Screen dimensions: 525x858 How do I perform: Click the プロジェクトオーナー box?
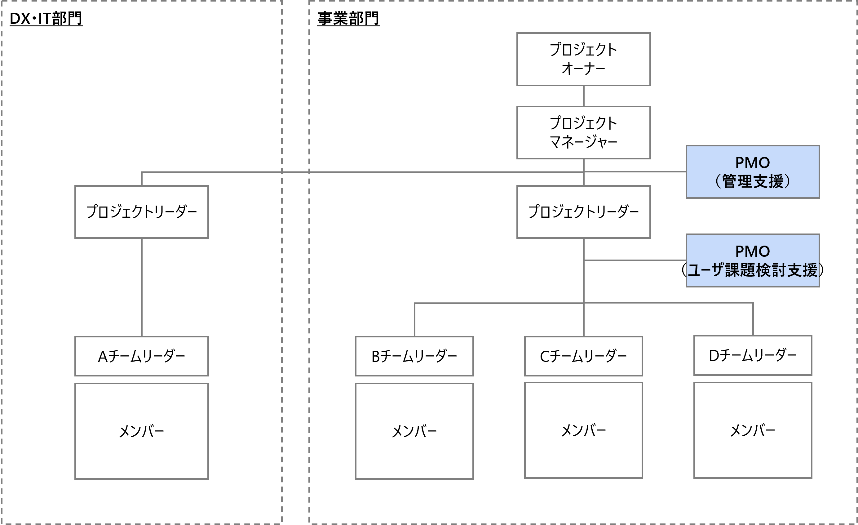(583, 59)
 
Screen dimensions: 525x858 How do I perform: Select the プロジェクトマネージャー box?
(583, 132)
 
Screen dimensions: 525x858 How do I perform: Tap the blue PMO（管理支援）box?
(753, 172)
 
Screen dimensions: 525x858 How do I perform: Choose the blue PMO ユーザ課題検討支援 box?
(753, 260)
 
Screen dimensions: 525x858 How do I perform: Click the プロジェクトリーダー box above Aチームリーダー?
(141, 212)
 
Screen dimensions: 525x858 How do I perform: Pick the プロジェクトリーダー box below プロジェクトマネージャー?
(583, 212)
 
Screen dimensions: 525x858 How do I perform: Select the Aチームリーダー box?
(141, 356)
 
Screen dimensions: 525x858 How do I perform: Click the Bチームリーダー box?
(414, 356)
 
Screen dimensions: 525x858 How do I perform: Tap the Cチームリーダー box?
(583, 356)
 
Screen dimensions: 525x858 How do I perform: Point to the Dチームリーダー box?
(753, 355)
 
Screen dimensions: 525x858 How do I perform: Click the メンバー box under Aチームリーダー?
(141, 431)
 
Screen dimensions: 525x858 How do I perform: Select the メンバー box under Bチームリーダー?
(414, 431)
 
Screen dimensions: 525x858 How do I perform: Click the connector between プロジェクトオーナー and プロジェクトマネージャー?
(584, 96)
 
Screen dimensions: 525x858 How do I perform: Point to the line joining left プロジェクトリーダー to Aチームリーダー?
(142, 287)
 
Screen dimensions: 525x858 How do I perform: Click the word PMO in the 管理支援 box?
(753, 163)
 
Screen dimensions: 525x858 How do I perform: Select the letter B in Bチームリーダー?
(376, 356)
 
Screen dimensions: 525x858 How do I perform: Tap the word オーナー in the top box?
(583, 69)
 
